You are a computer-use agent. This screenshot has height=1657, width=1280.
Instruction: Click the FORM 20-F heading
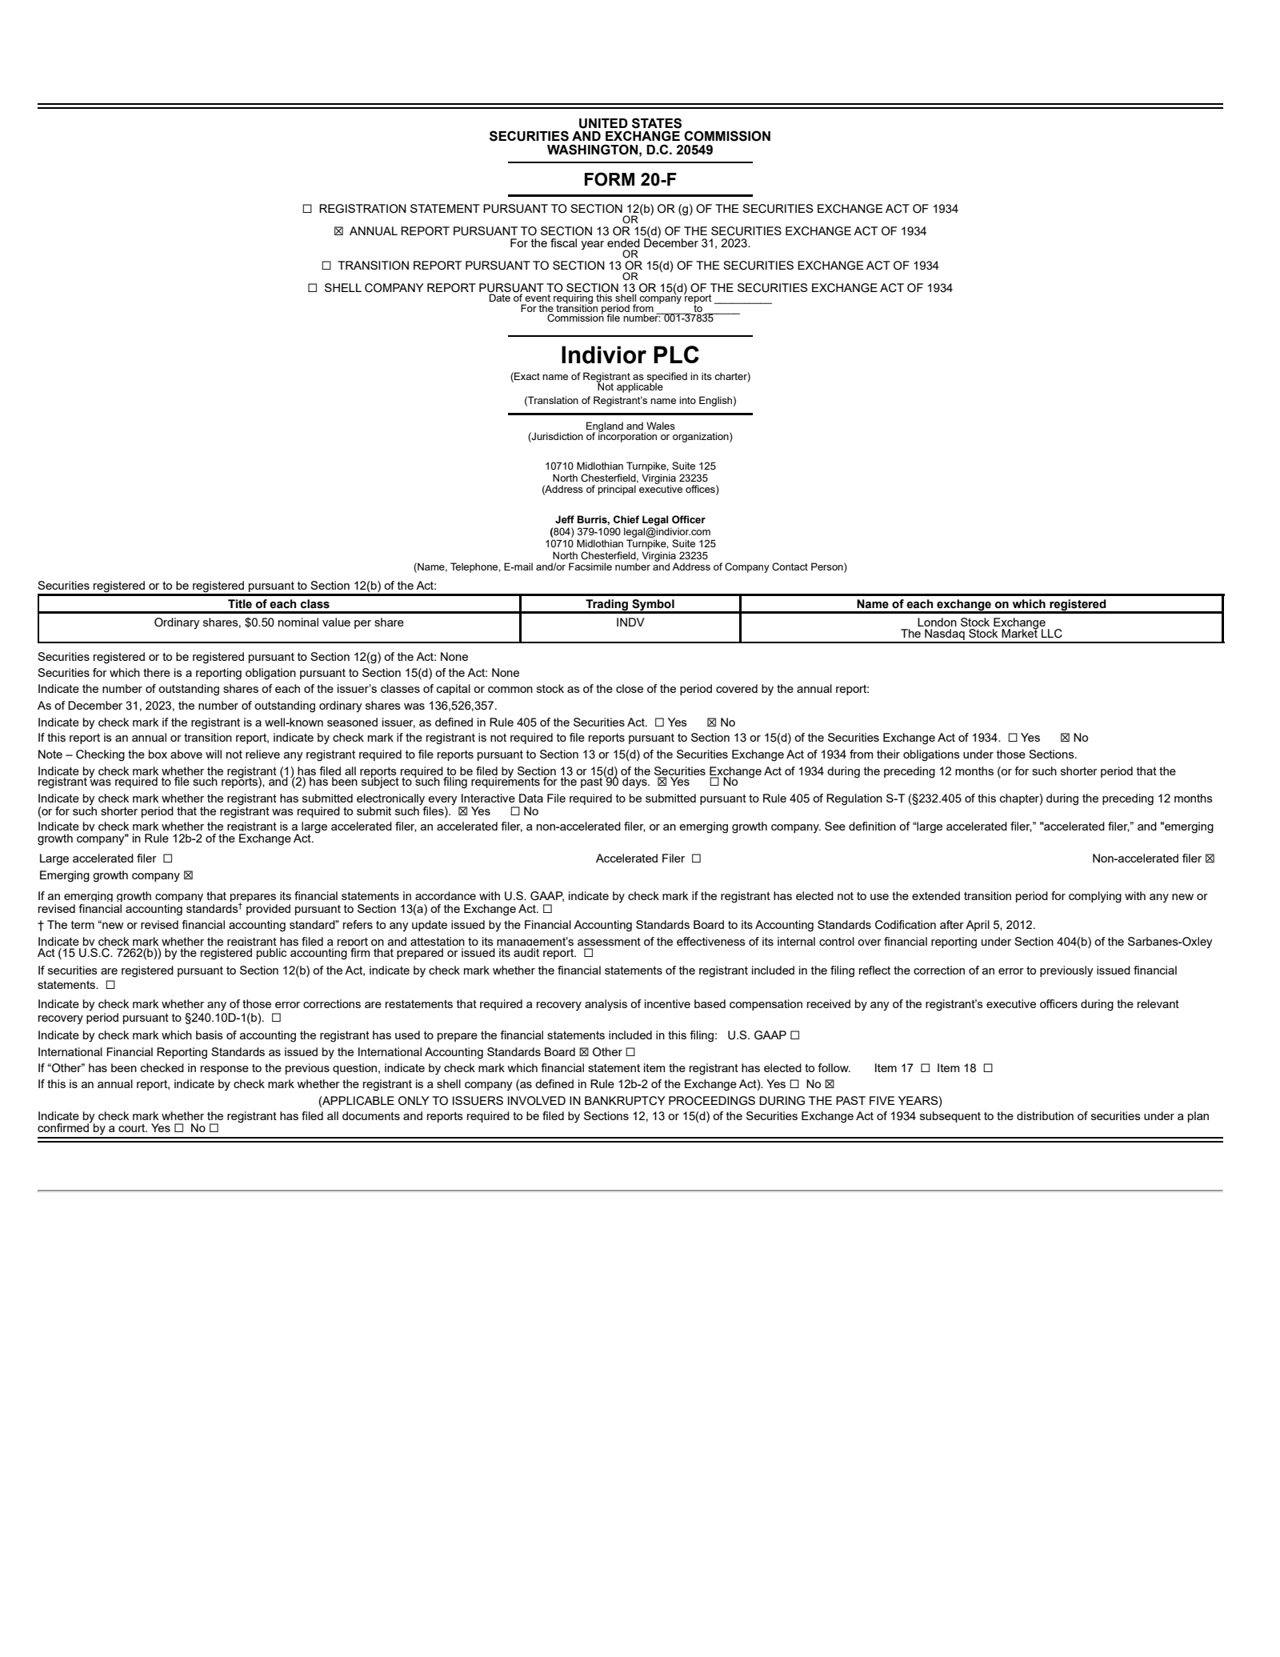point(630,180)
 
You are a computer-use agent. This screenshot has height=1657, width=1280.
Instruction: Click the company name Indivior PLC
point(630,355)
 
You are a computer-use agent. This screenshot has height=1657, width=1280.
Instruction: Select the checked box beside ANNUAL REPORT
point(338,231)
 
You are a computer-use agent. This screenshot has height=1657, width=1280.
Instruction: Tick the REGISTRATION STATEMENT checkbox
point(307,209)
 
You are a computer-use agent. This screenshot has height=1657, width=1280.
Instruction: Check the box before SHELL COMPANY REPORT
point(313,288)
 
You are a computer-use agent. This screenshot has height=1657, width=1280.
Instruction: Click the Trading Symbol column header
point(630,604)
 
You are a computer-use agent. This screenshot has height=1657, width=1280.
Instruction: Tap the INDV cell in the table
point(630,622)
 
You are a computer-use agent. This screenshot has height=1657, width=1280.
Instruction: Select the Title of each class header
point(278,604)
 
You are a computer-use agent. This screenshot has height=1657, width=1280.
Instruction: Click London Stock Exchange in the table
point(981,622)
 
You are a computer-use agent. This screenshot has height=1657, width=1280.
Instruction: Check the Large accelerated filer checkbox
point(167,859)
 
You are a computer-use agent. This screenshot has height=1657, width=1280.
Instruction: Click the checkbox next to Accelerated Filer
point(696,859)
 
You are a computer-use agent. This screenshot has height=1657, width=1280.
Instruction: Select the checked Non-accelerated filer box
point(1210,859)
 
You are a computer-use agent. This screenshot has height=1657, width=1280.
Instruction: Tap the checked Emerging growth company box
point(188,875)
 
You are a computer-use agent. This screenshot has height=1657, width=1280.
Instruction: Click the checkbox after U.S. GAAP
point(794,1035)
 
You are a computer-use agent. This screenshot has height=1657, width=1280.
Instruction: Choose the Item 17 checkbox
point(925,1068)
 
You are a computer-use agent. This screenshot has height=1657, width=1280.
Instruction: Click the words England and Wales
point(630,426)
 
